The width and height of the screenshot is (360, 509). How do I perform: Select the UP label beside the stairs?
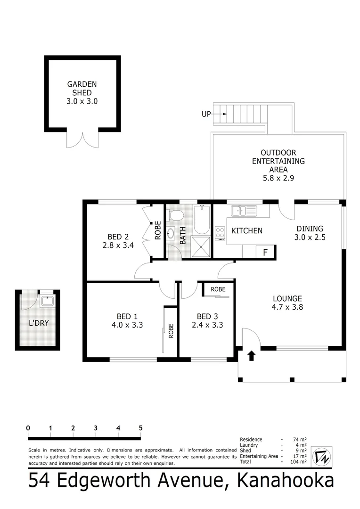(x=206, y=114)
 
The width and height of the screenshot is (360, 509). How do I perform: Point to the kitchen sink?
(x=243, y=210)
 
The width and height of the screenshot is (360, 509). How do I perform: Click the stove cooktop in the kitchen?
(x=220, y=233)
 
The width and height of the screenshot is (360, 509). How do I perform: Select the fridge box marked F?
(x=265, y=252)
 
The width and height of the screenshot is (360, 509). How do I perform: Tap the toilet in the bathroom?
(x=175, y=215)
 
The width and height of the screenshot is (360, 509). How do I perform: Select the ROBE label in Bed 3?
(x=218, y=289)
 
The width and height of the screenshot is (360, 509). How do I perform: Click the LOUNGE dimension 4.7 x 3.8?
(x=287, y=307)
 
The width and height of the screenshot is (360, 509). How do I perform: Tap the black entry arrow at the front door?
(x=251, y=355)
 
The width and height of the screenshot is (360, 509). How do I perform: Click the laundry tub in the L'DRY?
(x=47, y=302)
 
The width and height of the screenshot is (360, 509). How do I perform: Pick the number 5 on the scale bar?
(x=140, y=428)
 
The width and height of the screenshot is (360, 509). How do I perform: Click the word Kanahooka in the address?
(x=285, y=482)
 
